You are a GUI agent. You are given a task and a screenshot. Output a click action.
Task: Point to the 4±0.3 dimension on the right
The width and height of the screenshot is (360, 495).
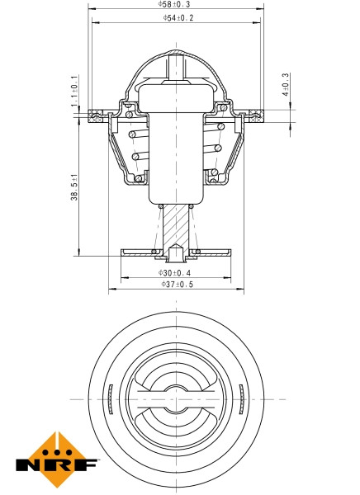(x=285, y=86)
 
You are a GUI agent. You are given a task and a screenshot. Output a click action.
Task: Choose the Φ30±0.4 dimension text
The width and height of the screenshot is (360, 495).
(x=174, y=272)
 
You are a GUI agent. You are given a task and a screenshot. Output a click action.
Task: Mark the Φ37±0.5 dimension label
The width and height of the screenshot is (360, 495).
(x=174, y=285)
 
